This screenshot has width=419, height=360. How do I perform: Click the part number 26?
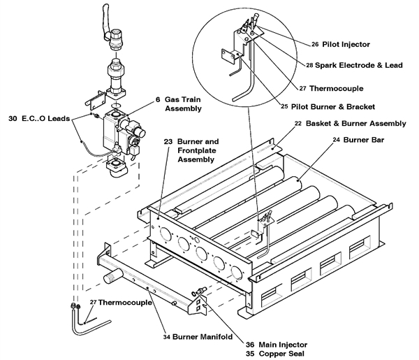pos(315,44)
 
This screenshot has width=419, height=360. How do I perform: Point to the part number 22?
pos(298,124)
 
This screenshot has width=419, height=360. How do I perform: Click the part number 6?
pos(158,99)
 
